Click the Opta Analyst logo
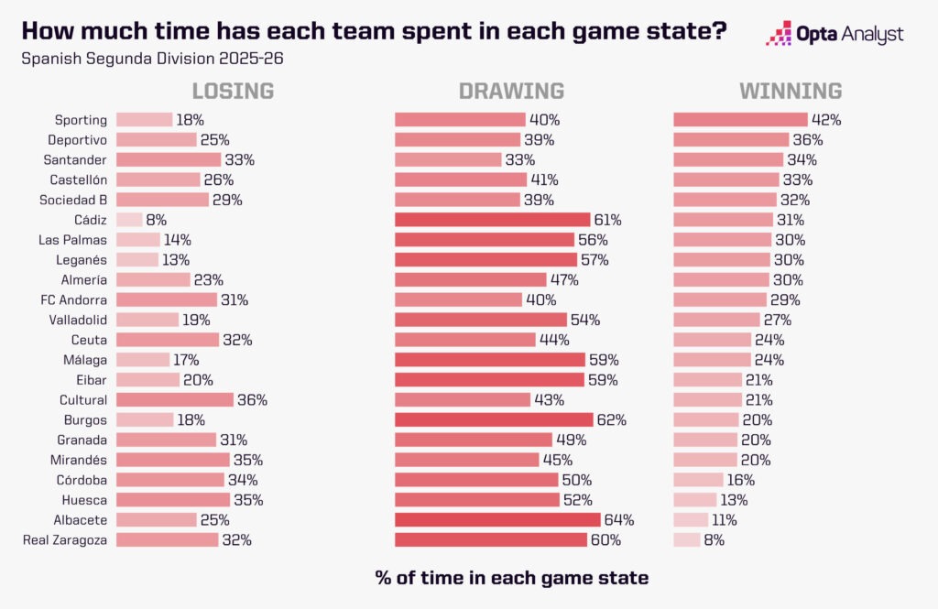834,35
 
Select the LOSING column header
233,91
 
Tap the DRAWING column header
511,91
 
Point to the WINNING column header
791,91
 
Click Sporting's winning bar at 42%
740,119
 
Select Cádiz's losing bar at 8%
129,220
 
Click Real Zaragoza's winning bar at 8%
686,540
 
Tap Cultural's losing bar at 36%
175,400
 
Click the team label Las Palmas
73,240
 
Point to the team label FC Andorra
74,299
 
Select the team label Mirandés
80,460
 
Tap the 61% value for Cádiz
607,220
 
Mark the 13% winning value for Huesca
734,500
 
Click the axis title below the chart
512,578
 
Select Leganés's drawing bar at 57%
485,260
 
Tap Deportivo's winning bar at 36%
731,139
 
